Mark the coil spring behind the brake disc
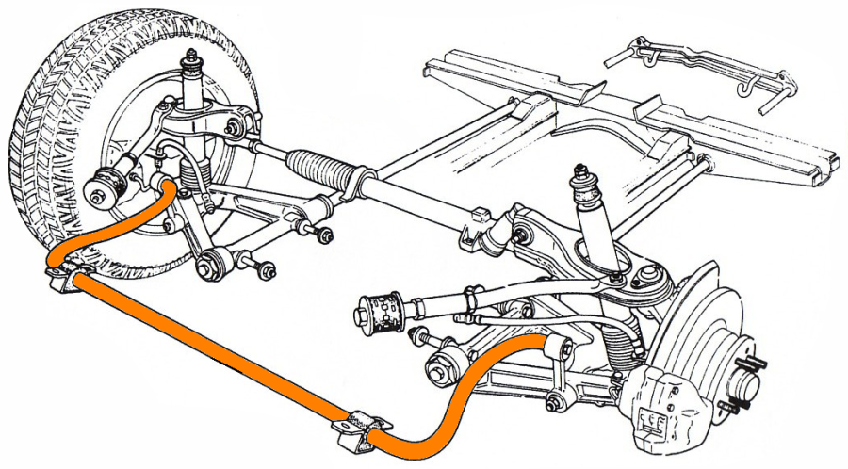622,348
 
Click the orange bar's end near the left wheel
169,188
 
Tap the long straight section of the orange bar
207,348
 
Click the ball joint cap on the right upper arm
648,277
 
